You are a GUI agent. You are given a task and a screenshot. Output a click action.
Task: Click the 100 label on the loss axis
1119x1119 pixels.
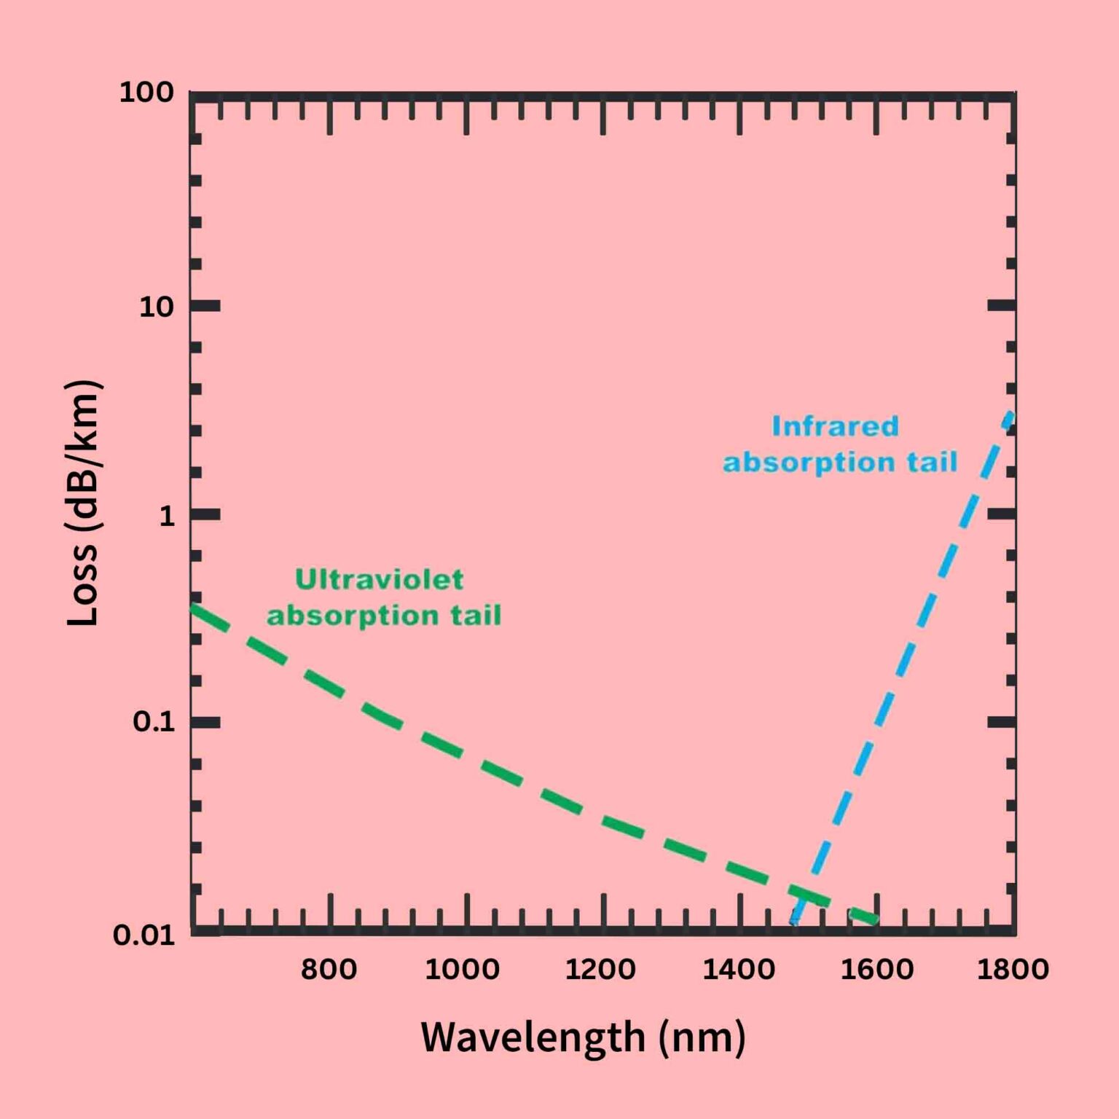point(146,93)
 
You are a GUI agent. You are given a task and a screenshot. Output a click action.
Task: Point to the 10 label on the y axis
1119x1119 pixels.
point(157,307)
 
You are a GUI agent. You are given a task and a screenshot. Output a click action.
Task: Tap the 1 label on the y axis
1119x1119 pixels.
point(167,516)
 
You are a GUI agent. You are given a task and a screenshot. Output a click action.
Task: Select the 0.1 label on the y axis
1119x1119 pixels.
point(154,722)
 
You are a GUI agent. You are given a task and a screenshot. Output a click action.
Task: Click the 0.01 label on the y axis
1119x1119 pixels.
point(144,935)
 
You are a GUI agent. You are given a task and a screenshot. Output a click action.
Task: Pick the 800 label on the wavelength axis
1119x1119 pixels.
point(329,970)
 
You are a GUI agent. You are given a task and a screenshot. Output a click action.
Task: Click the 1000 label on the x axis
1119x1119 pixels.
point(462,970)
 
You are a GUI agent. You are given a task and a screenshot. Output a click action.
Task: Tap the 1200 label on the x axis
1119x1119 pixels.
point(600,970)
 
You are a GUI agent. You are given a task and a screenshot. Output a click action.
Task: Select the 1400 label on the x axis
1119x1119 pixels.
point(738,970)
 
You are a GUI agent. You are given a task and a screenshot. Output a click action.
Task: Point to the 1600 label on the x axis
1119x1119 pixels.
point(876,970)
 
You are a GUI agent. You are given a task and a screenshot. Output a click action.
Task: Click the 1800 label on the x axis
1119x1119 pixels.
point(1012,970)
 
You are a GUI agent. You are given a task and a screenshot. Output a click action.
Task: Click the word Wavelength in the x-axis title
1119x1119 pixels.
point(533,1037)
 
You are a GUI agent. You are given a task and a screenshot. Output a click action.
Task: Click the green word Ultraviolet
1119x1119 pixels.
point(379,580)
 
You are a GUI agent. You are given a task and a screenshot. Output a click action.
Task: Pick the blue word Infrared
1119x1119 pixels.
point(835,426)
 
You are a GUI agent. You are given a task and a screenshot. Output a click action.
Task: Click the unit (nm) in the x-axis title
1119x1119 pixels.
point(702,1037)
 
